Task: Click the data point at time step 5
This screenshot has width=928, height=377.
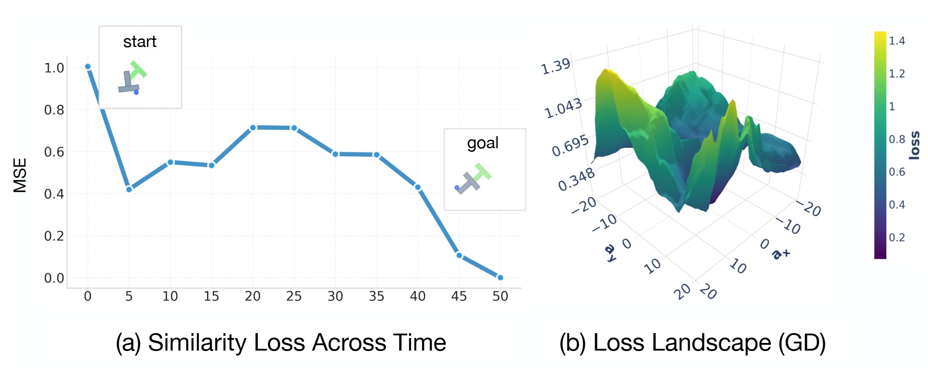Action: click(x=129, y=189)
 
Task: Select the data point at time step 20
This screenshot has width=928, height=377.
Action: click(x=253, y=128)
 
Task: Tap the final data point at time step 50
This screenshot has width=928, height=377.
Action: click(x=500, y=278)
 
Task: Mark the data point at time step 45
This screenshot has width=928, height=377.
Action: click(x=459, y=255)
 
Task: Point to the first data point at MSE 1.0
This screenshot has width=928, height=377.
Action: click(x=88, y=67)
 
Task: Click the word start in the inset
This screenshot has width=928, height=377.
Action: click(x=140, y=42)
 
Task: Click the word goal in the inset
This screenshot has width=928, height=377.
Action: click(x=483, y=143)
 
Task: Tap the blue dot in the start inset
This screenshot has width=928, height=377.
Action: click(x=136, y=92)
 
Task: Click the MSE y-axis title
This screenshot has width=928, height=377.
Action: click(x=20, y=175)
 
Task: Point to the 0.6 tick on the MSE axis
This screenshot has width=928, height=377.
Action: click(x=54, y=152)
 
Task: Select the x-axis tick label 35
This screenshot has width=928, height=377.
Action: click(x=376, y=296)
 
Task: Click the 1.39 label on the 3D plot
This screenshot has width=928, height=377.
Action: click(x=556, y=67)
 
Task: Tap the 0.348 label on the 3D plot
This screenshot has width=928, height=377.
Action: click(x=576, y=179)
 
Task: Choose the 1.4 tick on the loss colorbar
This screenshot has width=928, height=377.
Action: click(x=897, y=41)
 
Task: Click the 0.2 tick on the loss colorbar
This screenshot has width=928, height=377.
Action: click(x=897, y=237)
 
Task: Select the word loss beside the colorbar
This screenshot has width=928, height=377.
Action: click(x=914, y=146)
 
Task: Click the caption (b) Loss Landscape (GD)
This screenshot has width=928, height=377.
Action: click(x=692, y=343)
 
